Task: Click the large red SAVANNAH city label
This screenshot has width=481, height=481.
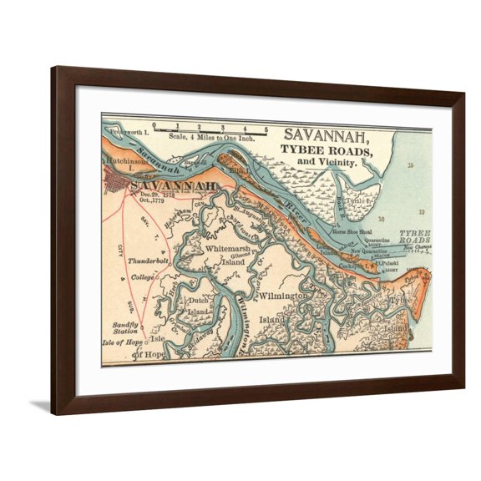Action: click(x=175, y=185)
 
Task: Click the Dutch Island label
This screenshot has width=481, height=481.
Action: click(x=197, y=305)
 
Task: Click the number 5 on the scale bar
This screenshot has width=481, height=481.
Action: click(x=266, y=129)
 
